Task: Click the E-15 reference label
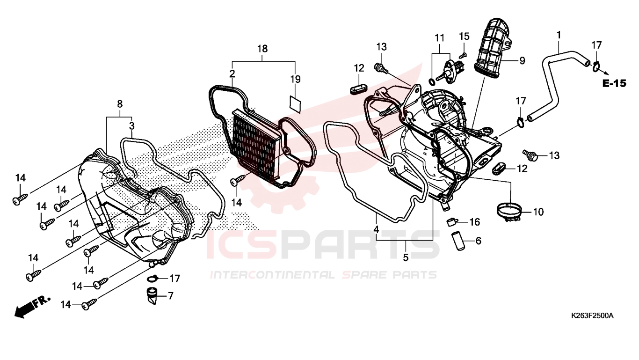(x=614, y=83)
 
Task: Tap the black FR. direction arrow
(x=32, y=307)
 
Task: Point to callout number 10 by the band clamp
(x=538, y=212)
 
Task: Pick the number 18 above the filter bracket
(x=262, y=49)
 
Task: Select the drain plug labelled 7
(x=153, y=296)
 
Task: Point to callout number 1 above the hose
(x=559, y=35)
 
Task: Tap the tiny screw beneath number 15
(x=464, y=54)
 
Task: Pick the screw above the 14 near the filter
(x=238, y=180)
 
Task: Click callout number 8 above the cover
(x=120, y=104)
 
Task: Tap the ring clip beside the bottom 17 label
(x=153, y=278)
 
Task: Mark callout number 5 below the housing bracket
(x=406, y=257)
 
